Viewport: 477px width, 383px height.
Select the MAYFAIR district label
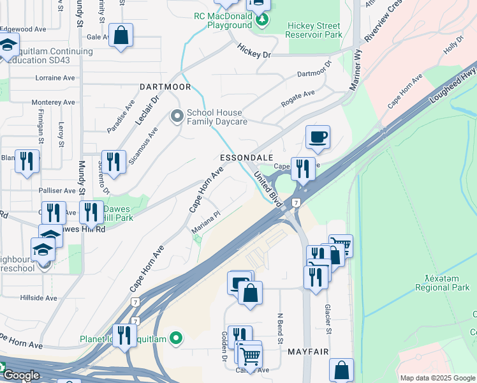(x=307, y=352)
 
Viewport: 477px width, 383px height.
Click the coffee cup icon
(x=318, y=137)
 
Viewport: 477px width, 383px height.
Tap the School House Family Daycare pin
(x=177, y=116)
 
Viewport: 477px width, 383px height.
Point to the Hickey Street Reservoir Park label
(x=314, y=30)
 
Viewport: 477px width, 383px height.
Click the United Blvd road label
(x=268, y=188)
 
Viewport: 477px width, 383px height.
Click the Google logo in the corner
(x=20, y=375)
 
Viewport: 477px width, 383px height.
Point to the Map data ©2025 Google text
(x=437, y=378)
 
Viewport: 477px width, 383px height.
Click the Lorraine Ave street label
(x=55, y=78)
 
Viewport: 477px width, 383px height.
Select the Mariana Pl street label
(x=206, y=222)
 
